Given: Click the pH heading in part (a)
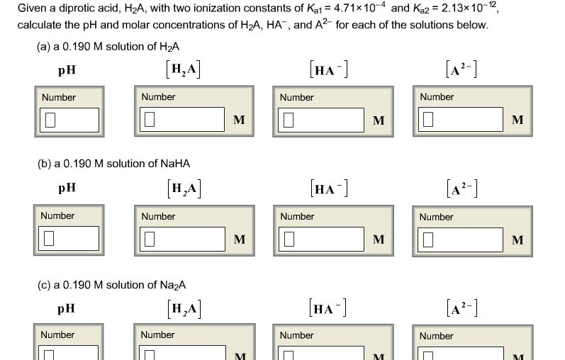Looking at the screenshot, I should (68, 71).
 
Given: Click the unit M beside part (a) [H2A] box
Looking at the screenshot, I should (239, 120).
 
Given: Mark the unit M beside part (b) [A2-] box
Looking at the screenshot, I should (518, 240).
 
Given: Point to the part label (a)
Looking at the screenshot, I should (44, 47).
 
